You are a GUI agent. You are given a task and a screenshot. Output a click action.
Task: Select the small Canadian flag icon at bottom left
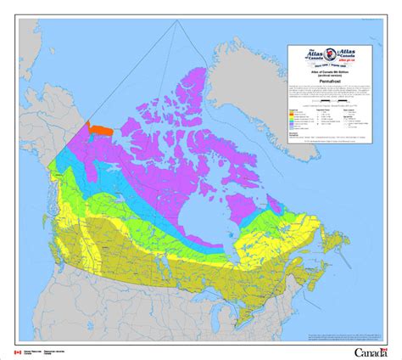tap(16, 351)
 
